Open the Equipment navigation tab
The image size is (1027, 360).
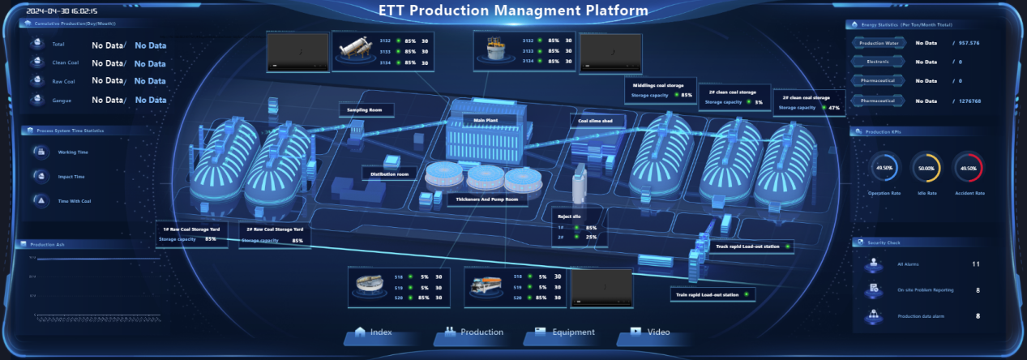pyautogui.click(x=565, y=332)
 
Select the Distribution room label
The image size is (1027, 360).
pyautogui.click(x=390, y=174)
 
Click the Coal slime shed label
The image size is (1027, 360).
pyautogui.click(x=595, y=121)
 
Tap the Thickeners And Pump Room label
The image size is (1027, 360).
pyautogui.click(x=486, y=199)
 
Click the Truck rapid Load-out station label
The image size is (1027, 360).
pyautogui.click(x=747, y=246)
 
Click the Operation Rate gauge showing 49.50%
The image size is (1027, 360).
pyautogui.click(x=884, y=168)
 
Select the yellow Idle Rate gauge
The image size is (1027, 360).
pyautogui.click(x=925, y=168)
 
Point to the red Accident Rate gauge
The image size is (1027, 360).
pyautogui.click(x=968, y=168)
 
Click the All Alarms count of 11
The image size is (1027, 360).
pyautogui.click(x=976, y=264)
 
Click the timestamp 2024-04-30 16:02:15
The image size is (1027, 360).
pyautogui.click(x=62, y=12)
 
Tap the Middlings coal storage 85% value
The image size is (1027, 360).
pyautogui.click(x=687, y=96)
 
